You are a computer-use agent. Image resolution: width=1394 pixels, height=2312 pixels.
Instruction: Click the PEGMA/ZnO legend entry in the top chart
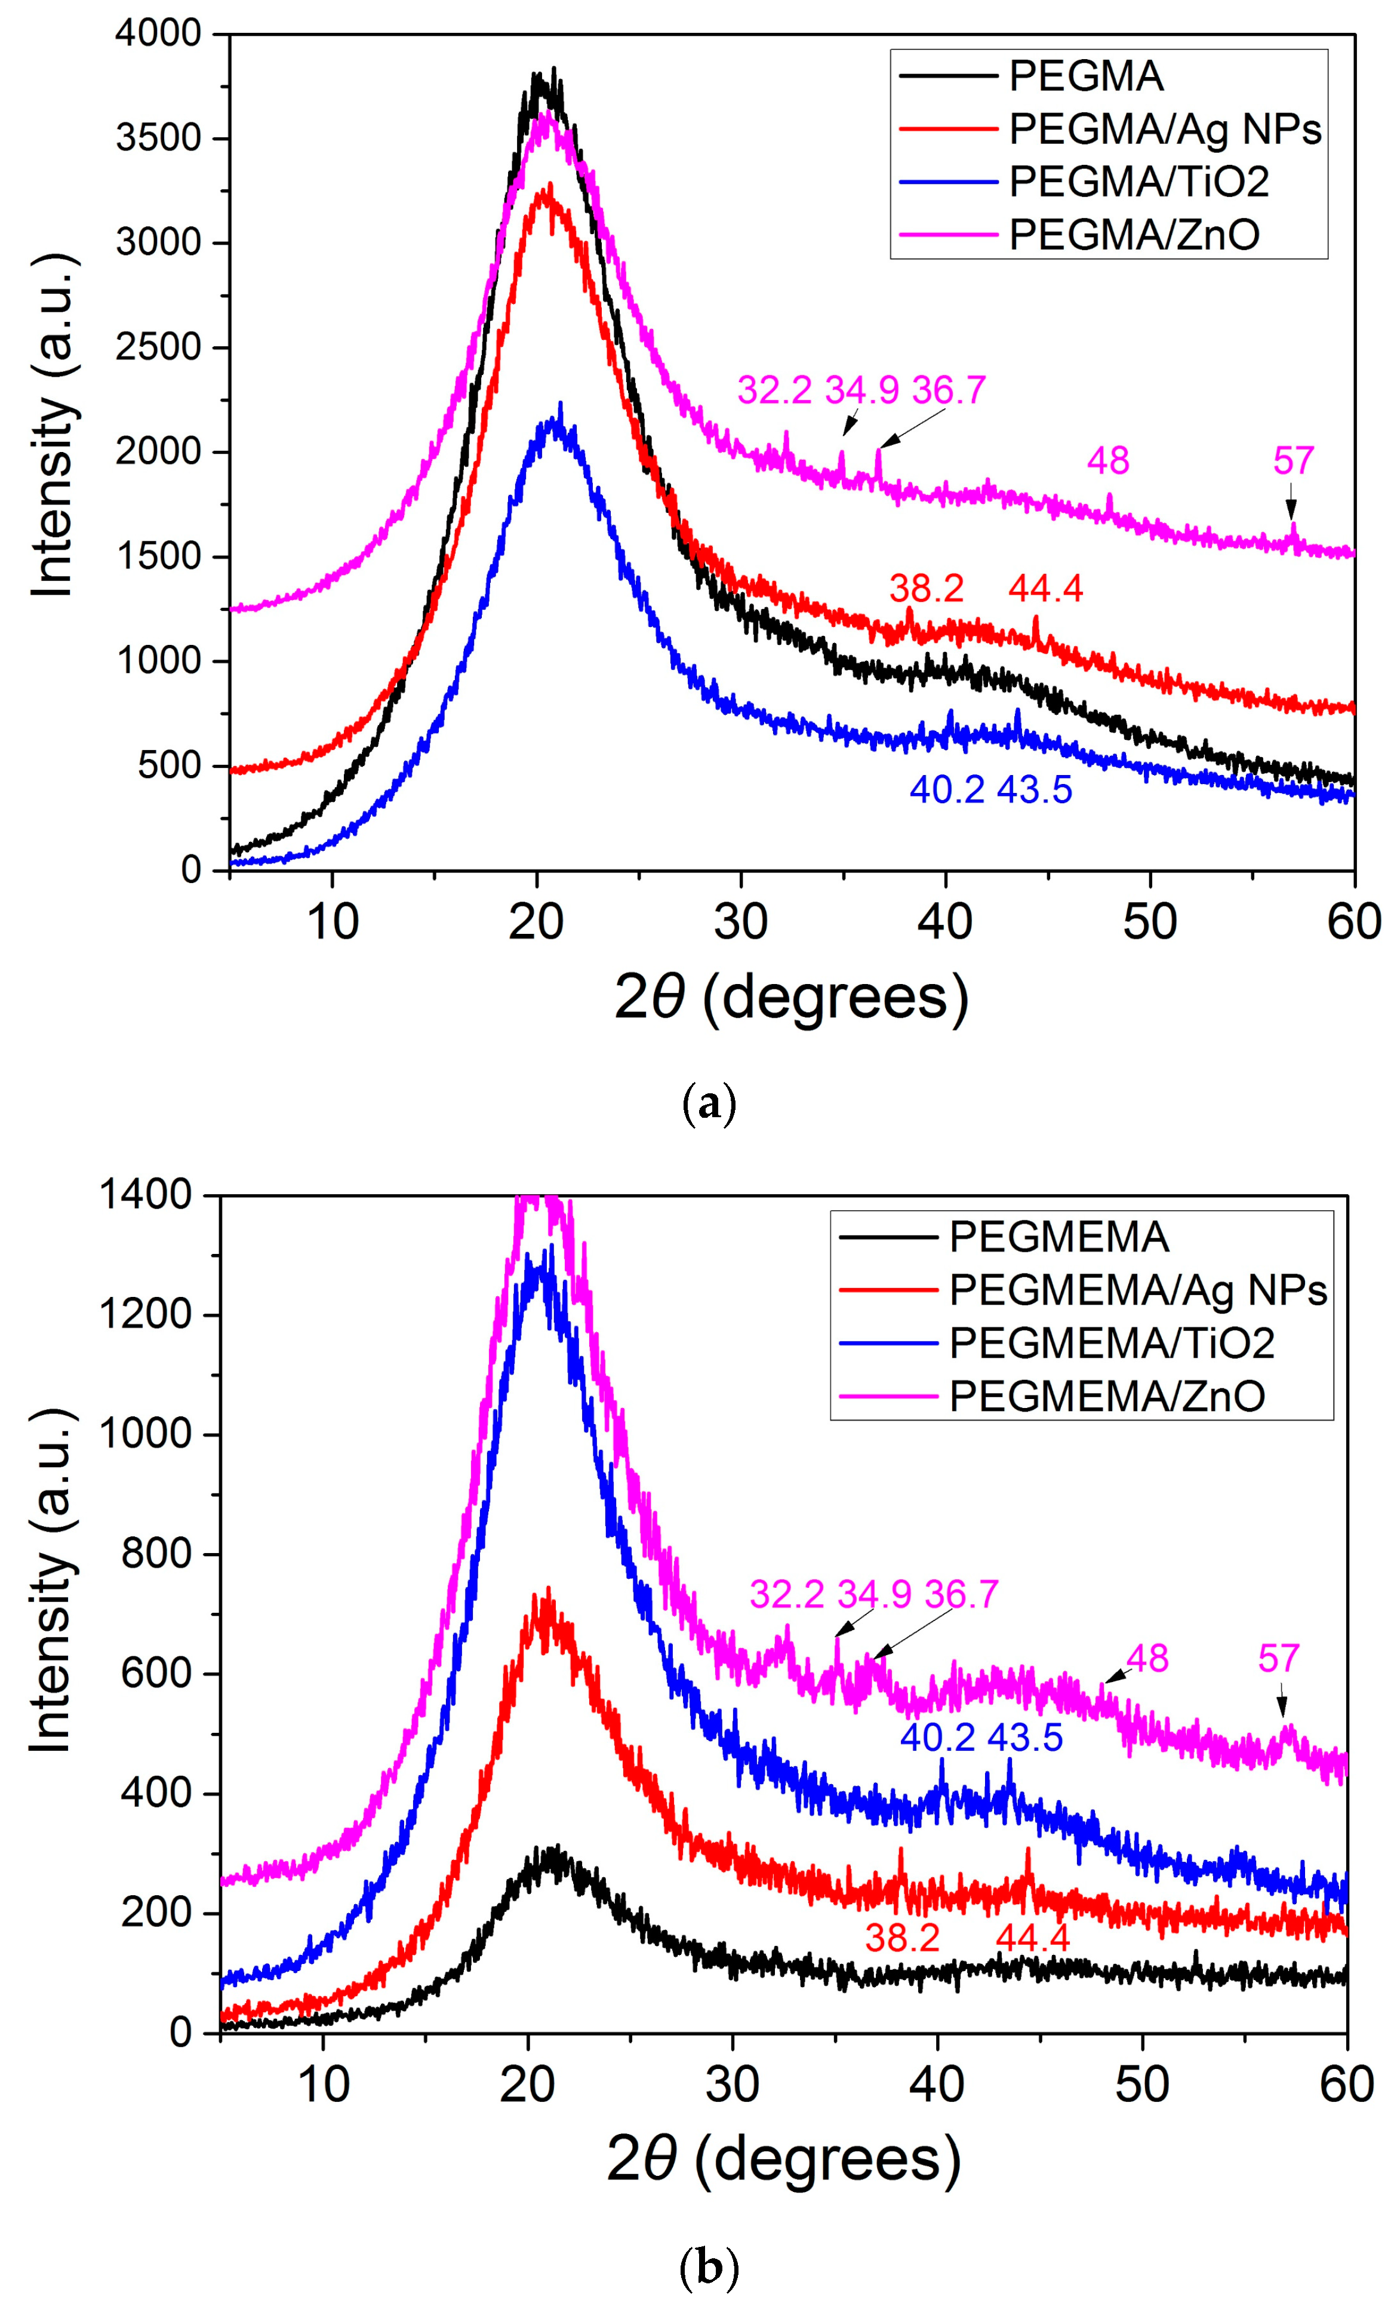1133,235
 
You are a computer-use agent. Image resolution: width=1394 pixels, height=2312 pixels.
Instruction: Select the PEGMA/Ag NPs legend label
1164,128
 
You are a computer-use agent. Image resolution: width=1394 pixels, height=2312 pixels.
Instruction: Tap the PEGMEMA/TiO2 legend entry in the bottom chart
1110,1343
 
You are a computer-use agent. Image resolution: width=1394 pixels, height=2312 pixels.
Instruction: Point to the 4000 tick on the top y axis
158,34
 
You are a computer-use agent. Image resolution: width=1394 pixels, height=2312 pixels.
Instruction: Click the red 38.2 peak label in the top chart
926,588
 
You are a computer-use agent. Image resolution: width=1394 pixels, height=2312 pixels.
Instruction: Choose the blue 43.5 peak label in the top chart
1034,790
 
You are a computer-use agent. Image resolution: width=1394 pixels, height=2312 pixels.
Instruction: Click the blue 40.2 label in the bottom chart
937,1737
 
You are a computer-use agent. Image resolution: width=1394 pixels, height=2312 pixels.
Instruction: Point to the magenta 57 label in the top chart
1293,461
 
